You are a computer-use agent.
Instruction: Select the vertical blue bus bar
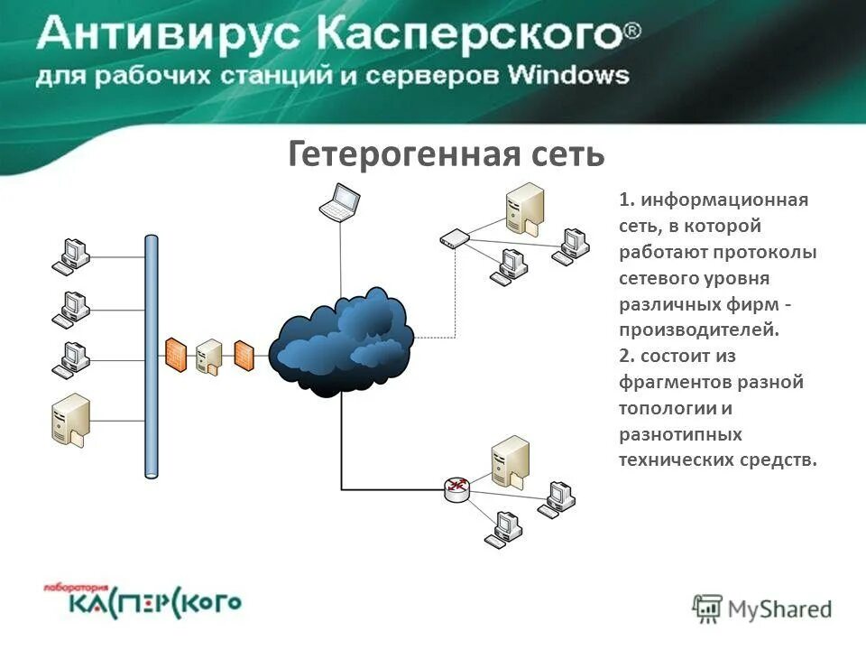(152, 356)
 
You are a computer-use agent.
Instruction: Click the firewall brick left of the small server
(175, 354)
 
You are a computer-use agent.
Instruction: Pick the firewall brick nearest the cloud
(244, 354)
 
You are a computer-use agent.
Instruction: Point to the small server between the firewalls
(208, 356)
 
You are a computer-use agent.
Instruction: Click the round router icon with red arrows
(457, 489)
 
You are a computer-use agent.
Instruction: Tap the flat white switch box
(454, 239)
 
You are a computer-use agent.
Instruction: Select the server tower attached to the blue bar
(71, 420)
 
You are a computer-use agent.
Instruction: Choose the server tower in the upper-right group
(526, 207)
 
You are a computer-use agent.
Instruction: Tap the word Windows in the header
(568, 75)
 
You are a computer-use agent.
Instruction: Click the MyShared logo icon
(707, 608)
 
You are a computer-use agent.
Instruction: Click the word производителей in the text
(698, 330)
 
